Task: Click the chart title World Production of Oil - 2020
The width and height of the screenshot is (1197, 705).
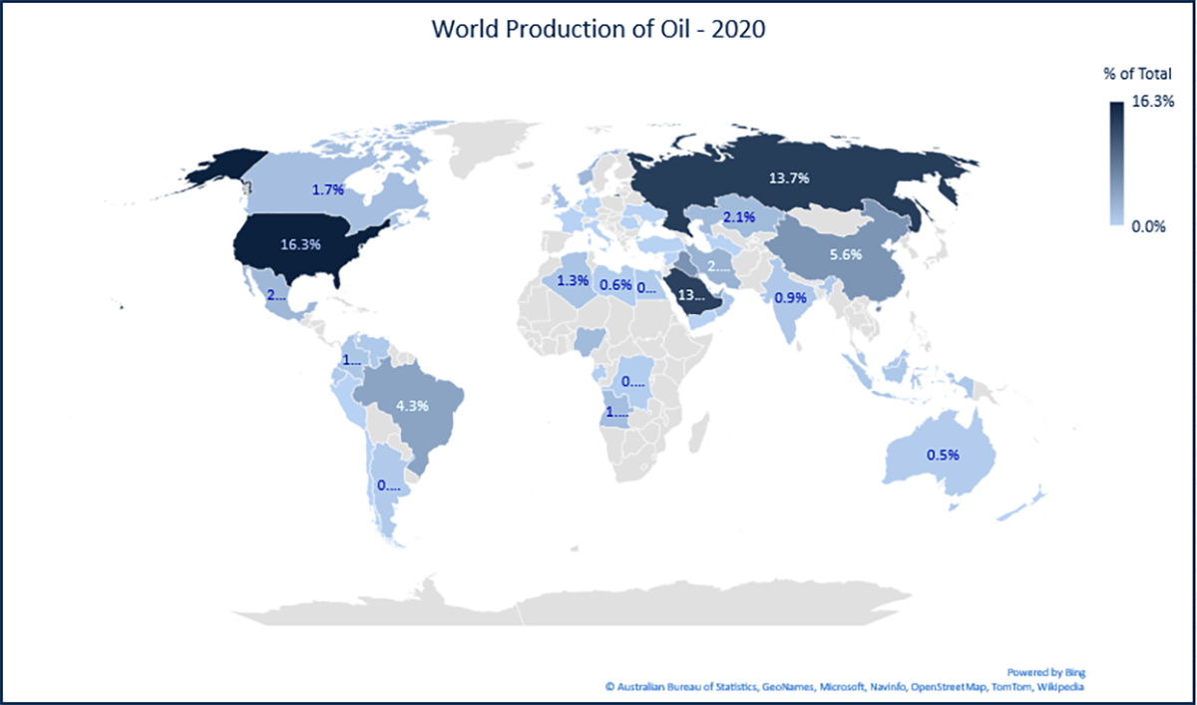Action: tap(598, 29)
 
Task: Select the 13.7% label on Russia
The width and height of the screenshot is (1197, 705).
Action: tap(794, 177)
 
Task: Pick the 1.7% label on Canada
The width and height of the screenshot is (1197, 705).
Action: tap(327, 189)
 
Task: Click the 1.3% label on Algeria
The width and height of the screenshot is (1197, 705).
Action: tap(572, 280)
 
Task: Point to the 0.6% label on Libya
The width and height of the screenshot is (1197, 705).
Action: tap(615, 285)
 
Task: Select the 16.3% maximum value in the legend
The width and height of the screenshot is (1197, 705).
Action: tap(1155, 102)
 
